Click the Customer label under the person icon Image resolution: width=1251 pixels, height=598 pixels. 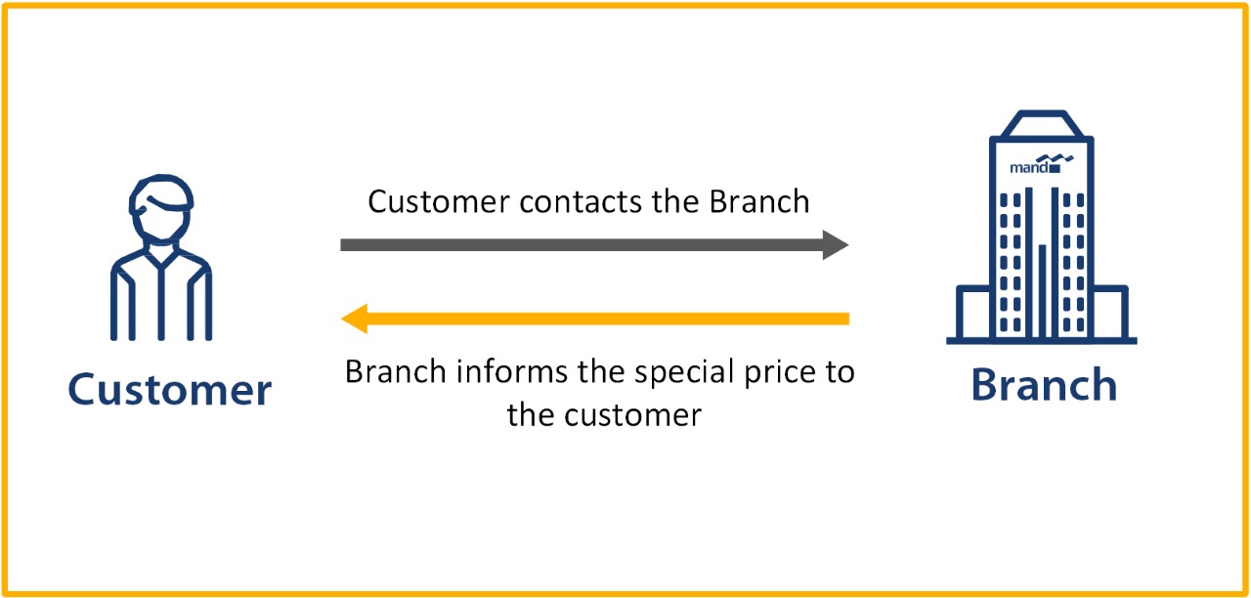169,390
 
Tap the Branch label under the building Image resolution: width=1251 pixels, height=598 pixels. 1043,385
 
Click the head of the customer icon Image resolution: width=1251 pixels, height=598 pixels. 161,209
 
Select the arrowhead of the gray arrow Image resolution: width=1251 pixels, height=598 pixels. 835,244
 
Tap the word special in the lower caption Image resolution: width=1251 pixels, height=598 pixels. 681,373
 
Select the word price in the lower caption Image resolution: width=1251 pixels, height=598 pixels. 782,373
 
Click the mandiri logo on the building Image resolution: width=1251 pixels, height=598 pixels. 1042,164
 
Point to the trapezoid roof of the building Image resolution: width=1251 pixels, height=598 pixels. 1042,124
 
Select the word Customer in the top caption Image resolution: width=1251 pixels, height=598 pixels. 438,201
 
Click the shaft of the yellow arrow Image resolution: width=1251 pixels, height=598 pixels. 606,319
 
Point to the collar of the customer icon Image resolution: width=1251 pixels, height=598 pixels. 161,256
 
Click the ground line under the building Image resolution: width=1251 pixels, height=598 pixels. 1042,341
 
